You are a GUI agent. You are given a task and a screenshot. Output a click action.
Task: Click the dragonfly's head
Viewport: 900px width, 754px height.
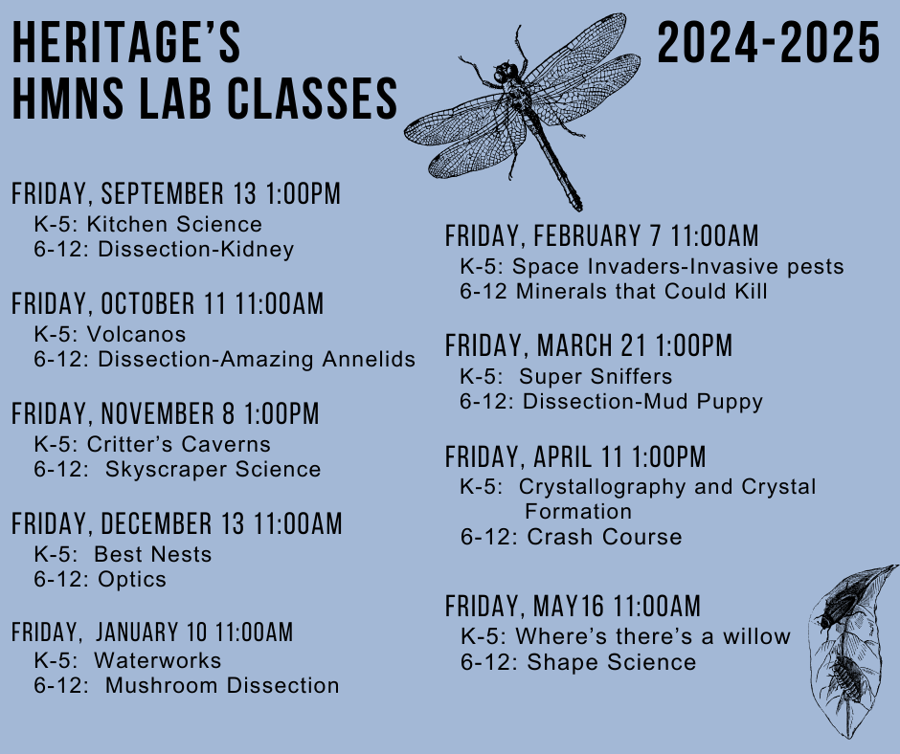tap(506, 73)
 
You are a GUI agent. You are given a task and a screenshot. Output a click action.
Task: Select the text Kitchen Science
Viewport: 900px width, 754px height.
tap(174, 224)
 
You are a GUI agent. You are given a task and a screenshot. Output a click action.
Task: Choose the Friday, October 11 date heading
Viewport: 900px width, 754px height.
tap(167, 303)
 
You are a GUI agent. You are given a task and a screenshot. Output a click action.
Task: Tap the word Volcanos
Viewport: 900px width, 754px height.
tap(137, 334)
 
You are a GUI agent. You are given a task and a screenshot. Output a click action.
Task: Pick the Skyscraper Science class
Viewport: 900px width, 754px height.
tap(213, 470)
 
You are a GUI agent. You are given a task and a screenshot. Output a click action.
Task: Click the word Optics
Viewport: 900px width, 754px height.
tap(132, 579)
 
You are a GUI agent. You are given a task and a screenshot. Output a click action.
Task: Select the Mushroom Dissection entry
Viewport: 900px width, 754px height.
tap(222, 685)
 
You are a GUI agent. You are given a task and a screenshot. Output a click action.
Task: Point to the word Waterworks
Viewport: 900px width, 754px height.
tap(158, 660)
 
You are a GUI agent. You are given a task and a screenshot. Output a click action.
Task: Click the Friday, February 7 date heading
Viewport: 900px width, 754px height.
tap(601, 235)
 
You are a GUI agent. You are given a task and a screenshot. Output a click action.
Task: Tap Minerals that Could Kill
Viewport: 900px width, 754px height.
tap(641, 291)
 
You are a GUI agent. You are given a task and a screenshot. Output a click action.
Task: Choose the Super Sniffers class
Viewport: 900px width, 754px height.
tap(596, 376)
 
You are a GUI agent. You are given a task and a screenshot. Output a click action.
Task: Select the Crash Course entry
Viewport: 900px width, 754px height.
tap(604, 537)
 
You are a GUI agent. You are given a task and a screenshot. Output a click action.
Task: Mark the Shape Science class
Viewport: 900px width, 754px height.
tap(611, 662)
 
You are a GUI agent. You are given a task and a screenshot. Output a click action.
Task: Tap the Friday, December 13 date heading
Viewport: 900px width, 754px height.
tap(177, 524)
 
